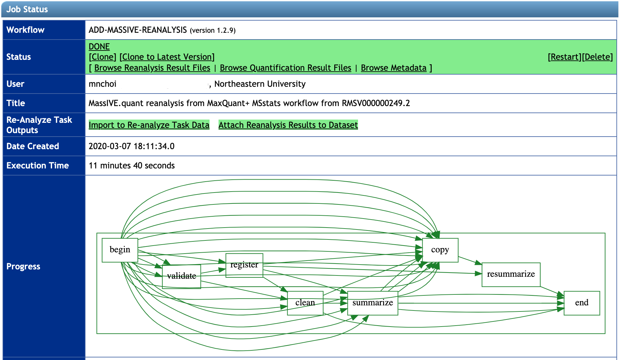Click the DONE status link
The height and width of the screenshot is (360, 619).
point(99,47)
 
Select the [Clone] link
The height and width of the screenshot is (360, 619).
point(102,57)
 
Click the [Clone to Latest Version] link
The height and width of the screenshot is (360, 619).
point(167,57)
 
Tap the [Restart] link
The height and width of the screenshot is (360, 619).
point(564,57)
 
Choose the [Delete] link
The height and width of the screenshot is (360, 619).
point(597,57)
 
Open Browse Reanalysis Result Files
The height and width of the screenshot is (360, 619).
point(152,68)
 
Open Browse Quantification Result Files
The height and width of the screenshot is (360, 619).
point(285,68)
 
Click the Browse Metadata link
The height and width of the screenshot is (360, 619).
point(393,68)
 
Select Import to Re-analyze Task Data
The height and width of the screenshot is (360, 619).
point(149,125)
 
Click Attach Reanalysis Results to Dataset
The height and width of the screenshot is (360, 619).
point(288,125)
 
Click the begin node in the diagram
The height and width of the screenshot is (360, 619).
point(120,250)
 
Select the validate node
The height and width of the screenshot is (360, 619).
point(181,276)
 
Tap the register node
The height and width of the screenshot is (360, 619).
point(244,265)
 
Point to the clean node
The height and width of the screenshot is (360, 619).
point(305,303)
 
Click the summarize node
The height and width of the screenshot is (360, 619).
point(372,303)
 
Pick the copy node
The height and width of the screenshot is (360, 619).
point(440,250)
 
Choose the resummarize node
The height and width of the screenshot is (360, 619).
point(511,274)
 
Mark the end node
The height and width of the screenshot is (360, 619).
point(581,303)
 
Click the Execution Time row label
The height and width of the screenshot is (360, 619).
point(38,166)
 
